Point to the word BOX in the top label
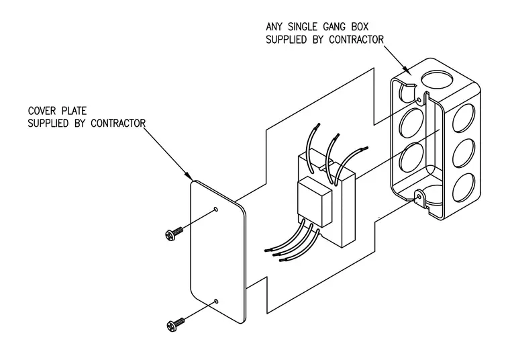pyautogui.click(x=360, y=26)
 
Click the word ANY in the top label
pyautogui.click(x=274, y=26)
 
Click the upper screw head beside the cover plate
pyautogui.click(x=170, y=234)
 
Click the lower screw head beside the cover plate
pyautogui.click(x=171, y=326)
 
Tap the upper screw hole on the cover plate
pyautogui.click(x=215, y=209)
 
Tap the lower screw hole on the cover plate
pyautogui.click(x=215, y=301)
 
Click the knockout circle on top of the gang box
pyautogui.click(x=437, y=80)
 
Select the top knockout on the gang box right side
pyautogui.click(x=463, y=118)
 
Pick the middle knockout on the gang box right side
pyautogui.click(x=463, y=153)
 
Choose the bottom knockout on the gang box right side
pyautogui.click(x=463, y=188)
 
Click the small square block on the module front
pyautogui.click(x=315, y=201)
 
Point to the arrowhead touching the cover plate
pyautogui.click(x=189, y=175)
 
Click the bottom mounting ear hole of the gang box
pyautogui.click(x=419, y=197)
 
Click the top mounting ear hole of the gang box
pyautogui.click(x=419, y=99)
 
